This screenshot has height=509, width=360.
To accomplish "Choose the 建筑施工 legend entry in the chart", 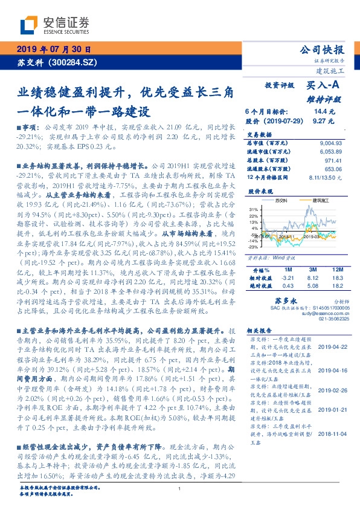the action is pos(318,200).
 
